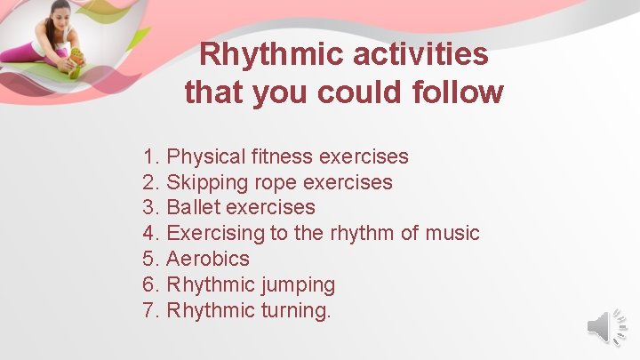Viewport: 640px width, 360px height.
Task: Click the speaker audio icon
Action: pyautogui.click(x=607, y=329)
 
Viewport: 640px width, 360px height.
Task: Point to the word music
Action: pyautogui.click(x=452, y=234)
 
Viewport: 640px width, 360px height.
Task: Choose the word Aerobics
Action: pyautogui.click(x=208, y=260)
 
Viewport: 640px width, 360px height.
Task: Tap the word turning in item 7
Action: pyautogui.click(x=295, y=311)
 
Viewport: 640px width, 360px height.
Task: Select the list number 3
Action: pyautogui.click(x=149, y=208)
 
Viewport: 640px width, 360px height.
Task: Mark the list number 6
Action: pyautogui.click(x=149, y=285)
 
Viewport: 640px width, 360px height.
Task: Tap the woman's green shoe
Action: pyautogui.click(x=76, y=62)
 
